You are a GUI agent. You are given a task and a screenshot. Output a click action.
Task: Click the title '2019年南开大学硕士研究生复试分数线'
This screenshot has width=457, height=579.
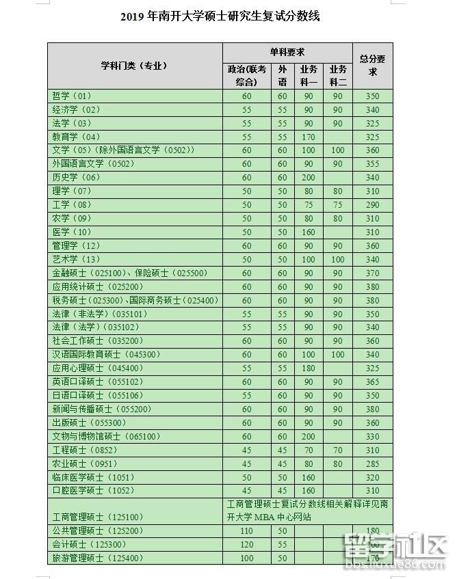[220, 16]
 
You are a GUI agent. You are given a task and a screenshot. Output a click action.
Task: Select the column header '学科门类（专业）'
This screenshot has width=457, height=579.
[134, 66]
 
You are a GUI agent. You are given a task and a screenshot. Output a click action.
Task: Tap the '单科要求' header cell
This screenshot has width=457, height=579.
[287, 53]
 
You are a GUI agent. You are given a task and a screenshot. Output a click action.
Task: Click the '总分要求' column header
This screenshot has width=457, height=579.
[373, 66]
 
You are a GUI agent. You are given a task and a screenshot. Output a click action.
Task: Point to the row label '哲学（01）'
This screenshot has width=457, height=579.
[71, 96]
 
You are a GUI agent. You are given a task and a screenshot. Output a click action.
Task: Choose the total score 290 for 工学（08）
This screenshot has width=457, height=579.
[373, 205]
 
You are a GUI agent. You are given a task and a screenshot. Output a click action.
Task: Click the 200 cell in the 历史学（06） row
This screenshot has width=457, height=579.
[308, 178]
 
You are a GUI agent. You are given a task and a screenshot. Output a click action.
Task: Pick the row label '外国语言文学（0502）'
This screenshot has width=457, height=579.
[93, 164]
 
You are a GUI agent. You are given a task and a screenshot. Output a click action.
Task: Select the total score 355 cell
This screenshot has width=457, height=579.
[373, 164]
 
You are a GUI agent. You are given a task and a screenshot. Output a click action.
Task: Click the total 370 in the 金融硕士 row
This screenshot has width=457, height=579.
[373, 273]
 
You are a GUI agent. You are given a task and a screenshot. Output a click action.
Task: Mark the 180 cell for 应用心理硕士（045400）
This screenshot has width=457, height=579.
[308, 368]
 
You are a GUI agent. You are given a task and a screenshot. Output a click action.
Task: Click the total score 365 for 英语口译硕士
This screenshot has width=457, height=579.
[373, 382]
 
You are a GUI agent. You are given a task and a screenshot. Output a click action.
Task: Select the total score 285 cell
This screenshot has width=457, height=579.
[373, 463]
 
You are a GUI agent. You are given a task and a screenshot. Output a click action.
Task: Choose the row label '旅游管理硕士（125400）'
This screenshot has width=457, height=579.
[97, 558]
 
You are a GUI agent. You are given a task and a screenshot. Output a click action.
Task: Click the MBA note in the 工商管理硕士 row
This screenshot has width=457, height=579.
[308, 511]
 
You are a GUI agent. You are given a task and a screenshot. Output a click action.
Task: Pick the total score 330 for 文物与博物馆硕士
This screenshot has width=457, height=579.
[373, 436]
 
